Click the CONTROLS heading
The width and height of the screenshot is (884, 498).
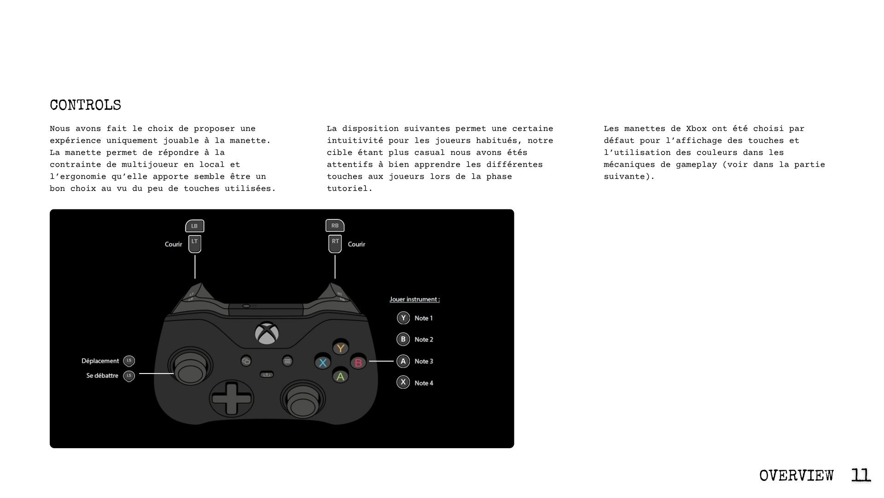tap(85, 105)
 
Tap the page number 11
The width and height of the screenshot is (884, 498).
tap(860, 475)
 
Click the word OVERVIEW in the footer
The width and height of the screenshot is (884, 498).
tap(796, 475)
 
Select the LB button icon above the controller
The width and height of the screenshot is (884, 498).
tap(194, 226)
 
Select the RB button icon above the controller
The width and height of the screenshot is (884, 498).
tap(335, 225)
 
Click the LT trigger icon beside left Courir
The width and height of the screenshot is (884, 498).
tap(195, 244)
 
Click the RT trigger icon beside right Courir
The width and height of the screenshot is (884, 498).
tap(335, 244)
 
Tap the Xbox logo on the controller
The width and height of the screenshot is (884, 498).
tap(267, 333)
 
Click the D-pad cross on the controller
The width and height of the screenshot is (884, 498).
tap(232, 398)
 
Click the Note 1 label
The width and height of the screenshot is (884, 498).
tap(423, 318)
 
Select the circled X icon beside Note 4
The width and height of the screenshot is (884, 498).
tap(403, 382)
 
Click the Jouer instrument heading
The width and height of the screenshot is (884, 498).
tap(414, 299)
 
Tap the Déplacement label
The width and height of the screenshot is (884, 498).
tap(100, 361)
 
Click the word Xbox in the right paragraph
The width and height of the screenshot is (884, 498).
tap(696, 129)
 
